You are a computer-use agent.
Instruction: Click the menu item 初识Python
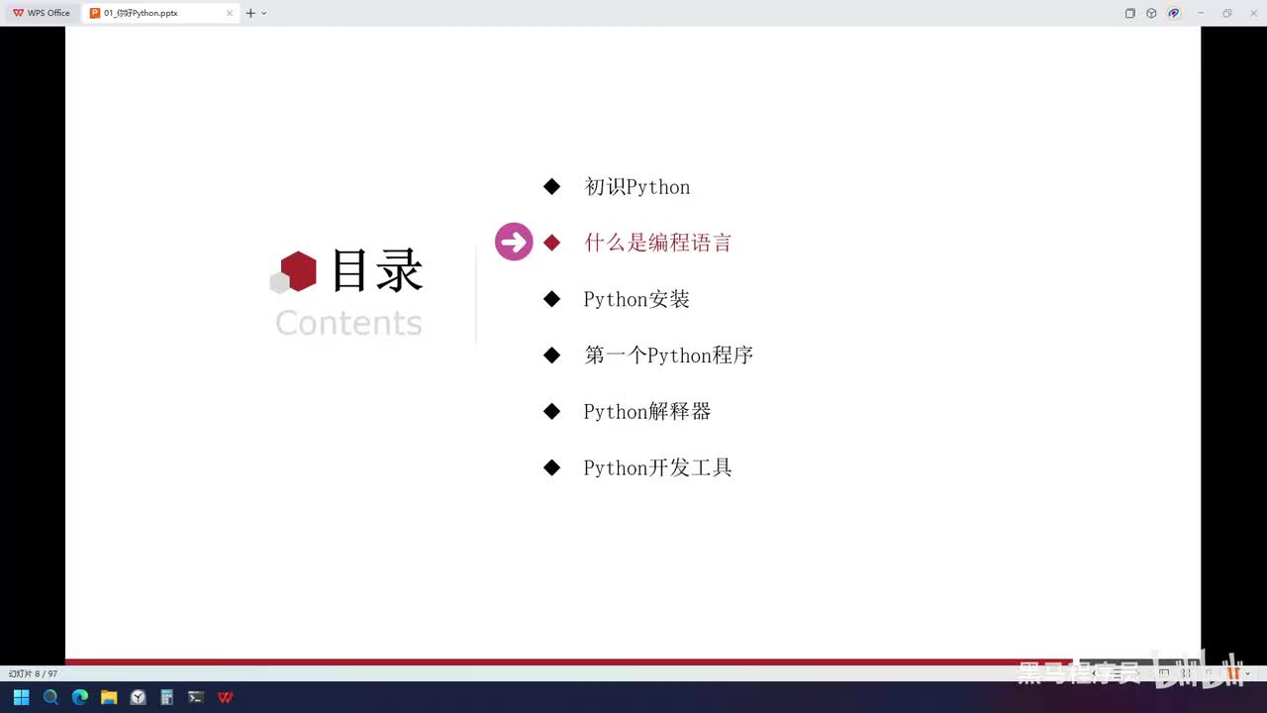(636, 187)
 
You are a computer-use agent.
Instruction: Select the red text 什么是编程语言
(657, 243)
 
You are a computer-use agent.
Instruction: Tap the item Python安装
(636, 299)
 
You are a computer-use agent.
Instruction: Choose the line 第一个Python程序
(668, 356)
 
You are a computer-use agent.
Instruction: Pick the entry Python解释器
(647, 412)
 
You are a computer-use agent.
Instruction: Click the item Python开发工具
(657, 468)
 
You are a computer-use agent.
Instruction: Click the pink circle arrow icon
(514, 242)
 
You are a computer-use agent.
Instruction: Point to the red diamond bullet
(552, 243)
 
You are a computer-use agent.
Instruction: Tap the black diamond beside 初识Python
(552, 186)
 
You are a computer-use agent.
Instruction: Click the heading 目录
(376, 270)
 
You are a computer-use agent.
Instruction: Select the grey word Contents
(348, 323)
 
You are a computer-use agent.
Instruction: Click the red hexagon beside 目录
(298, 270)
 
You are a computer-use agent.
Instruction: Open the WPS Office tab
(41, 13)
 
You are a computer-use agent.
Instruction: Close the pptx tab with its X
(230, 13)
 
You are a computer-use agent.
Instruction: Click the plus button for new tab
(250, 13)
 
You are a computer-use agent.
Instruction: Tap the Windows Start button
(21, 697)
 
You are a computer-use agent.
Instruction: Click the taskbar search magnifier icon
(50, 697)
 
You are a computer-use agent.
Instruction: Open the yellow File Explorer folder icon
(109, 697)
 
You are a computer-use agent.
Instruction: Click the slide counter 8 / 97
(34, 673)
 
